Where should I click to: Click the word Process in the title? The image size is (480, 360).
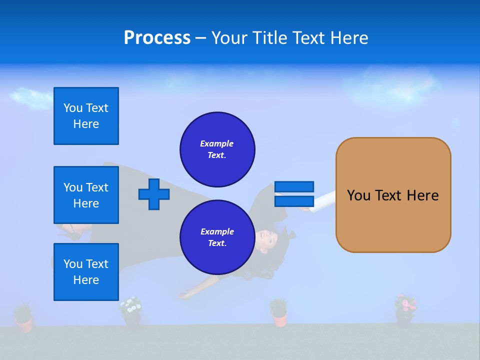click(157, 37)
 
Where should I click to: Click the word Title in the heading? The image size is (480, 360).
click(268, 38)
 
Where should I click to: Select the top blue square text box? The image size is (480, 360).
click(86, 116)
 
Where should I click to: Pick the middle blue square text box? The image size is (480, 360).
click(86, 195)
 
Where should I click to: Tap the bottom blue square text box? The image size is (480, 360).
click(86, 272)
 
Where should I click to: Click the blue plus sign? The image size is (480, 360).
click(153, 194)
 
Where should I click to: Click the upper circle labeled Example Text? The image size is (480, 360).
click(217, 149)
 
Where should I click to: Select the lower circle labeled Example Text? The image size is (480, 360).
click(217, 237)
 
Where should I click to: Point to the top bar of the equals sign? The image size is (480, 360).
click(294, 186)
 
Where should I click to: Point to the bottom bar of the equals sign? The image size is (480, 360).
click(294, 201)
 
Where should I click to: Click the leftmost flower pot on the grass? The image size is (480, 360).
click(23, 319)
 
